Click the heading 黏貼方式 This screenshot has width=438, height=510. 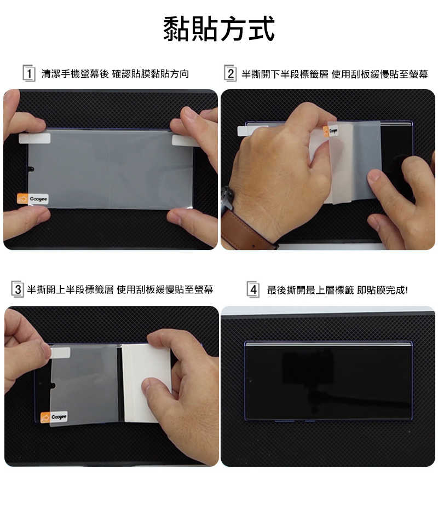point(219,29)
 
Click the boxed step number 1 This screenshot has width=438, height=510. point(29,73)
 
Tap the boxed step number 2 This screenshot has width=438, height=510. point(230,73)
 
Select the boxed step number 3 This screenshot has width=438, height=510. point(18,289)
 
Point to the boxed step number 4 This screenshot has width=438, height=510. point(253,289)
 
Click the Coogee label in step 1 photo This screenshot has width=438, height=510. point(32,199)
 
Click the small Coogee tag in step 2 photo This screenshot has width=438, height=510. point(330,131)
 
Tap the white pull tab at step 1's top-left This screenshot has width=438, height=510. point(34,138)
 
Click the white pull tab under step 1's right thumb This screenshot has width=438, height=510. point(184,141)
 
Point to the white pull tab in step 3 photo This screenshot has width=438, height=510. point(60,353)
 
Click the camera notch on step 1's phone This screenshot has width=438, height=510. point(31,169)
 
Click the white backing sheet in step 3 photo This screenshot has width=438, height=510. point(146,383)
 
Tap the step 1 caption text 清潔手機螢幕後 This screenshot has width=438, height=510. point(75,74)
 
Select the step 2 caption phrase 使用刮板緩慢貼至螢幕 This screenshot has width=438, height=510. point(379,74)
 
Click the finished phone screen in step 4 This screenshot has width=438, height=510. point(328,381)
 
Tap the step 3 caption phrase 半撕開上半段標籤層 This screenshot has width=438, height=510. point(70,289)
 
